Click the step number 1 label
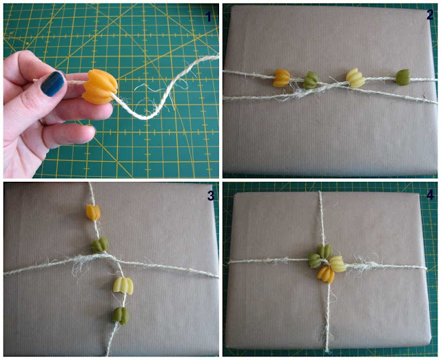coord(208,17)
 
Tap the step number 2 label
coord(430,14)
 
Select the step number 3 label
coord(211,196)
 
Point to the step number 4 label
coord(430,195)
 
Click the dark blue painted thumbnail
coord(52,83)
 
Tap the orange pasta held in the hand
coord(99,87)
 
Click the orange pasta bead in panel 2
coord(281,78)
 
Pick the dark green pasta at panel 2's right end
coord(402,77)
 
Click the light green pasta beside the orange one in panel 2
coord(311,80)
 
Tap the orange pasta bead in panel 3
coord(93,212)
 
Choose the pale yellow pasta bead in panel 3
coord(123,286)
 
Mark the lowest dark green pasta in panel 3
coord(121,315)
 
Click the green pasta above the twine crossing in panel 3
coord(100,244)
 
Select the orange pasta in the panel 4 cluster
coord(326,275)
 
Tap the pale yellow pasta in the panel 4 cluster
coord(338,264)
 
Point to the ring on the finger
coord(41,121)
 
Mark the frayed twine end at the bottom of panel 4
coord(327,351)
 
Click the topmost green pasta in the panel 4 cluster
coord(325,251)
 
